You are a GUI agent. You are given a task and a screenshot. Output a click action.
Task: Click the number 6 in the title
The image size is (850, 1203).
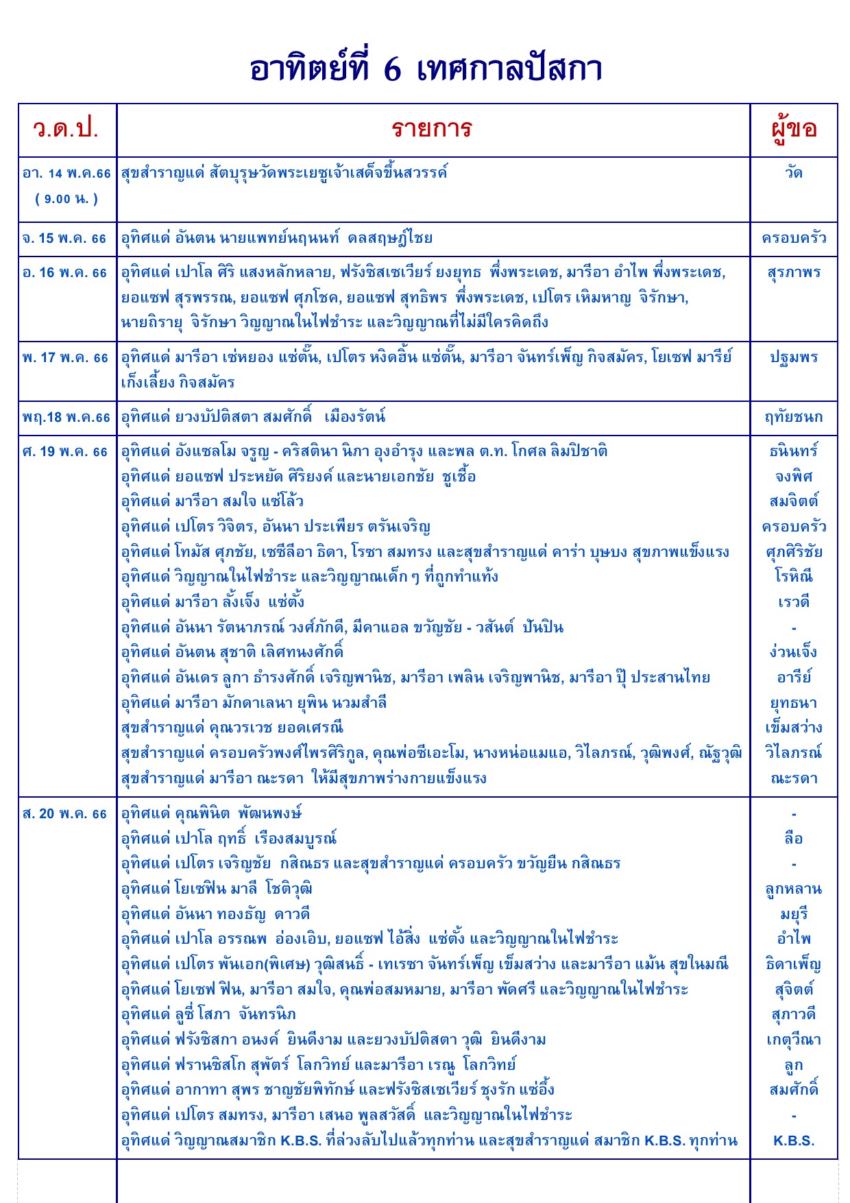[x=392, y=70]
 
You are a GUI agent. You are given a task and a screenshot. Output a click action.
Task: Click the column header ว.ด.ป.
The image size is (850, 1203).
[x=66, y=129]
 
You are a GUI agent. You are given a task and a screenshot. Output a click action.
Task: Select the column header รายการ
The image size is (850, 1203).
[x=432, y=129]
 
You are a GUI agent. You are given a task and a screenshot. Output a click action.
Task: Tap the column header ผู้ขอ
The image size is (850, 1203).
[x=794, y=129]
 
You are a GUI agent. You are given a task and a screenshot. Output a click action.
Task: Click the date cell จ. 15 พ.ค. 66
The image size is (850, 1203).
[x=65, y=239]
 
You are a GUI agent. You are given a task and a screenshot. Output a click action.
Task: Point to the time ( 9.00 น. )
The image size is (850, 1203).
[x=66, y=199]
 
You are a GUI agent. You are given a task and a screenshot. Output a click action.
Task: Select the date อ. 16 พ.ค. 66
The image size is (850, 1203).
[x=65, y=273]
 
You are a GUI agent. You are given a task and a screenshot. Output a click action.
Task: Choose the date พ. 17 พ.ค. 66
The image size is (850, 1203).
[x=65, y=358]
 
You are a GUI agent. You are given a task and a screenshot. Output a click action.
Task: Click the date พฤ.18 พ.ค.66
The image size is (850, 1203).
[x=66, y=418]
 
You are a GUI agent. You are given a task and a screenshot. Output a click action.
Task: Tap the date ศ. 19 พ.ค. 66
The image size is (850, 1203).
[x=65, y=452]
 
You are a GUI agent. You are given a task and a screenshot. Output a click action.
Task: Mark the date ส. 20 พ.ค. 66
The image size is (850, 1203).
[x=65, y=814]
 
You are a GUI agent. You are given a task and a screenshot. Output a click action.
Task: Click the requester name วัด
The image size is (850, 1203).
[x=794, y=173]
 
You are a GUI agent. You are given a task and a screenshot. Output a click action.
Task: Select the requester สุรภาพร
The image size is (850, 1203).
[x=794, y=273]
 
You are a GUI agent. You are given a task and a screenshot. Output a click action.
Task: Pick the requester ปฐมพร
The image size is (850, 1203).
[x=794, y=358]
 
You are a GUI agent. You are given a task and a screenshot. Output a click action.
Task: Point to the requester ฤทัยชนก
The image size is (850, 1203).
[x=794, y=418]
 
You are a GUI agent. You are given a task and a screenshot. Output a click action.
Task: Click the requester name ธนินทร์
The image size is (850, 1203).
[x=794, y=452]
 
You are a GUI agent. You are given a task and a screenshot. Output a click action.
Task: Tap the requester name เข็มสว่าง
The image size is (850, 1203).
[x=794, y=728]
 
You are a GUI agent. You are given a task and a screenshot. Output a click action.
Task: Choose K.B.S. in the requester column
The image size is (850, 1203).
[x=794, y=1141]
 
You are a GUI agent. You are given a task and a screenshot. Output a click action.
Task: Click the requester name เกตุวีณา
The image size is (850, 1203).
[x=794, y=1040]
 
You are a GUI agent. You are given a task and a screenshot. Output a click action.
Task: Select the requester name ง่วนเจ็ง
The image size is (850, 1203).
[x=794, y=652]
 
